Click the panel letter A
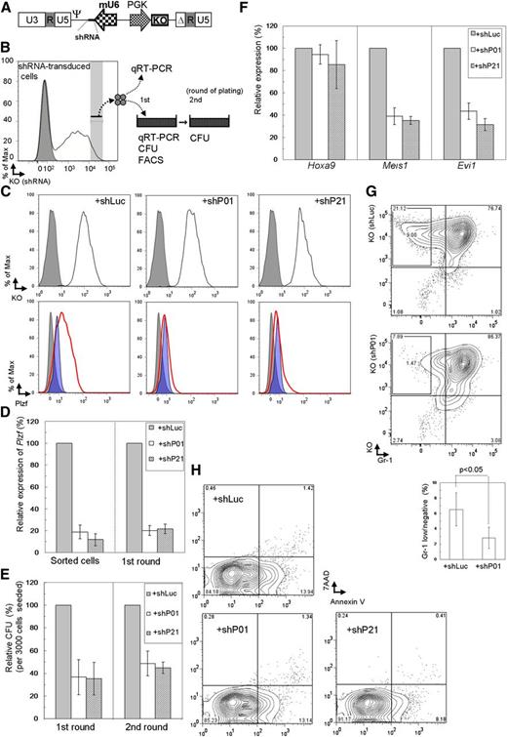[x=7, y=7]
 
